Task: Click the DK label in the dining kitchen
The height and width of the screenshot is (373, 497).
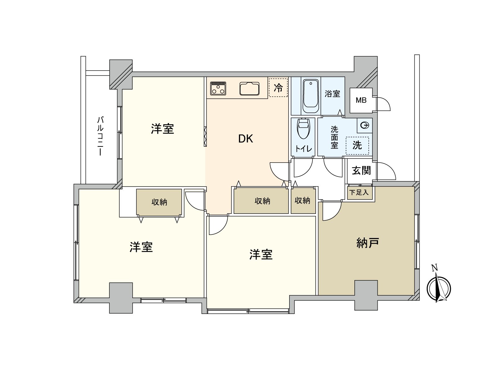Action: [245, 139]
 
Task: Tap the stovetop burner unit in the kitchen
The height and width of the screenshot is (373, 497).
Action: [218, 88]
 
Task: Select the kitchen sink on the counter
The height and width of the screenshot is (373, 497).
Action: [249, 88]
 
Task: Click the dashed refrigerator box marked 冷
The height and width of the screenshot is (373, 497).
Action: [278, 88]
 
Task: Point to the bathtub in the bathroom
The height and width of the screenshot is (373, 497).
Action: [311, 96]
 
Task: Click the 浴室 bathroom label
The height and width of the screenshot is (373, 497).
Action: [332, 94]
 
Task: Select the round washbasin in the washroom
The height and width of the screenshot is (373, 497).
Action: [365, 125]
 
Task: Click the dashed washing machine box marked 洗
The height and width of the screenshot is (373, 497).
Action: [357, 145]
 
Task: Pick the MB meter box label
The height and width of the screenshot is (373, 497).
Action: [361, 100]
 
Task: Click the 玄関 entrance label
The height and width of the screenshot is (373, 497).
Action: [361, 170]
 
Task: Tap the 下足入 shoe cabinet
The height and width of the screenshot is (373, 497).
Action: [359, 193]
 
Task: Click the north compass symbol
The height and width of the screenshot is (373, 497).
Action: [439, 288]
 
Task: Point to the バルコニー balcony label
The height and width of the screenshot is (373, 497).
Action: [100, 136]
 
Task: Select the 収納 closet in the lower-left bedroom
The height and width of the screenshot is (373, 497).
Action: [159, 202]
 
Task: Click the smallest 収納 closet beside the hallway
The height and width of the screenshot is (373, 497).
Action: [303, 201]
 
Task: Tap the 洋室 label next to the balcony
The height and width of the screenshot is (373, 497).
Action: [162, 129]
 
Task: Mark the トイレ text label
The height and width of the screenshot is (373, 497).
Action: [303, 149]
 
